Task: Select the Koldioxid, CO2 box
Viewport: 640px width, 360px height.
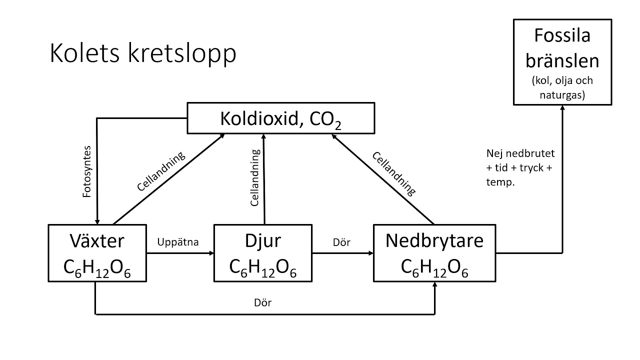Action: click(x=280, y=118)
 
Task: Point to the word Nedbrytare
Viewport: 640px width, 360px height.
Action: click(x=434, y=241)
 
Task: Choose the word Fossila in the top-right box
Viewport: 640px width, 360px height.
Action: click(x=562, y=36)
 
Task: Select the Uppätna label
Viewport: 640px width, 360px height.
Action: click(x=178, y=242)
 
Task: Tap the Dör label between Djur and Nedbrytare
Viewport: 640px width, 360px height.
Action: click(x=341, y=242)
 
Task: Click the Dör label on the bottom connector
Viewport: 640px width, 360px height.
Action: click(x=263, y=303)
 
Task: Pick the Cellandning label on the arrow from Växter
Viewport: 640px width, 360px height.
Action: click(x=161, y=171)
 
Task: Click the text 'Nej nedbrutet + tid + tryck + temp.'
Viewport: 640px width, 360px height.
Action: click(x=520, y=167)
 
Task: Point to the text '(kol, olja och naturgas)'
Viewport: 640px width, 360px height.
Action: click(x=562, y=87)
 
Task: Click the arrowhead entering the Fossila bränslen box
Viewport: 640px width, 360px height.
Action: click(x=562, y=109)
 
